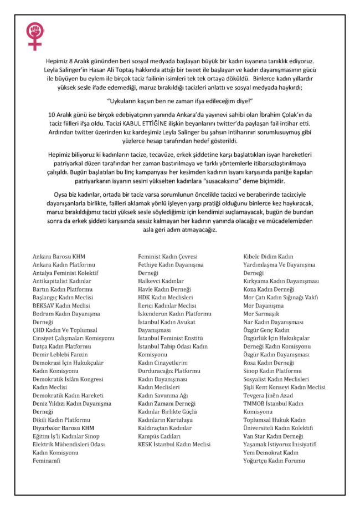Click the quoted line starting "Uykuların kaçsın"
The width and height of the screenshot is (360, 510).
click(179, 99)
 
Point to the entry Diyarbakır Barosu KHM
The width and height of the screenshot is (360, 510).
click(64, 428)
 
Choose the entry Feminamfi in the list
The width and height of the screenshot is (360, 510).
click(46, 461)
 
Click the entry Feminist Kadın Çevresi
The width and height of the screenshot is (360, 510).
click(167, 257)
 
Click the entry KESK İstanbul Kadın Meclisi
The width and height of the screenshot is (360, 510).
click(174, 444)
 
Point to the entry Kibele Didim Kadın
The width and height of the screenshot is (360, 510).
click(269, 257)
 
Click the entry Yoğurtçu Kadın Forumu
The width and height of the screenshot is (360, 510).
click(279, 461)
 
